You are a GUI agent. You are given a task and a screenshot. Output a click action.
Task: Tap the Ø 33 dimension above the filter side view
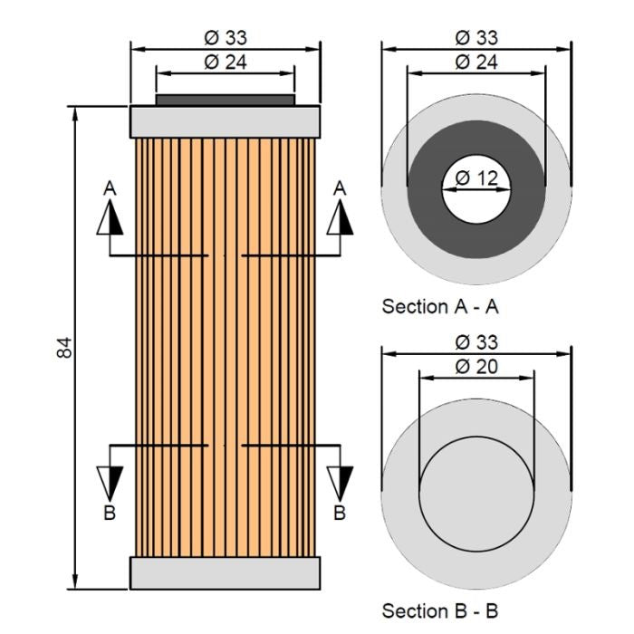(226, 37)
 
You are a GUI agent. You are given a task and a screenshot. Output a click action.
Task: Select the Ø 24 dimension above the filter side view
(226, 62)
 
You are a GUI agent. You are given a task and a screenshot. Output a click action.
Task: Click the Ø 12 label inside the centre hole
(476, 178)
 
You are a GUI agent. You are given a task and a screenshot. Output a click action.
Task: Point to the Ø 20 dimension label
(476, 366)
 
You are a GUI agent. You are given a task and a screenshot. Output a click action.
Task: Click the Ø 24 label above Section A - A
(476, 62)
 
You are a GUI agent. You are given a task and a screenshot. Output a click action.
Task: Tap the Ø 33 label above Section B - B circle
(476, 342)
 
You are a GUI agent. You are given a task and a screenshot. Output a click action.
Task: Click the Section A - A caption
(440, 306)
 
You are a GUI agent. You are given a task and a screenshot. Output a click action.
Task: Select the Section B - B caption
(440, 610)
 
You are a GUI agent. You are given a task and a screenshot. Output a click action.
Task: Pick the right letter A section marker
(341, 187)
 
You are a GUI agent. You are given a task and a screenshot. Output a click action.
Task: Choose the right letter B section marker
(341, 513)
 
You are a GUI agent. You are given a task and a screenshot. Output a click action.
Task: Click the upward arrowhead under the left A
(110, 217)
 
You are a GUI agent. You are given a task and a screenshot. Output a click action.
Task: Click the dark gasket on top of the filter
(226, 99)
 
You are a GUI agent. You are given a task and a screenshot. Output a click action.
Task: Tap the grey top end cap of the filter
(226, 120)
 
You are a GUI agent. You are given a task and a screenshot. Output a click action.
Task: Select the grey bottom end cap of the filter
(226, 573)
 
